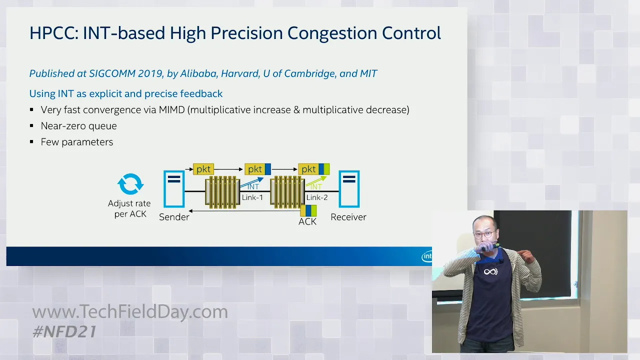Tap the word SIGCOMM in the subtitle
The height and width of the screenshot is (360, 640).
coord(112,73)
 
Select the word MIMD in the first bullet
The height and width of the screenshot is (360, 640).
coord(171,109)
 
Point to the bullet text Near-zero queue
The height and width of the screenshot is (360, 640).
coord(78,126)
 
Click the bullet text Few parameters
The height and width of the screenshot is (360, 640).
coord(77,142)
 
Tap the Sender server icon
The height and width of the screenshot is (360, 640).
coord(174,189)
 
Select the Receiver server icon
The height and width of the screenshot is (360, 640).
coord(349,189)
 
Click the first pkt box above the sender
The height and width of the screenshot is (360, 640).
coord(203,169)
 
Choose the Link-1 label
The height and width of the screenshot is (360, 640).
coord(252,197)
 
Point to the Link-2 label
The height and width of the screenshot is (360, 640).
coord(317,197)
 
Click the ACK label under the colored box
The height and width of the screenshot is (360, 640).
coord(307,221)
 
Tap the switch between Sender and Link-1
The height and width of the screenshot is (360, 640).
coord(222,192)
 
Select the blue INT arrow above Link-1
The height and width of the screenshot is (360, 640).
coord(251,182)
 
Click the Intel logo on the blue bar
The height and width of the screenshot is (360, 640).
coord(427,256)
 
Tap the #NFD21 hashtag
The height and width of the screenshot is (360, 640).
coord(64,331)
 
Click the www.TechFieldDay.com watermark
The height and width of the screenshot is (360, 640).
coord(130,311)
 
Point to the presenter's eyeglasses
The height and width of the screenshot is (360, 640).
coord(484,235)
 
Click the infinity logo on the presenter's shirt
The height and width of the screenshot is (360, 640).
coord(490,271)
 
